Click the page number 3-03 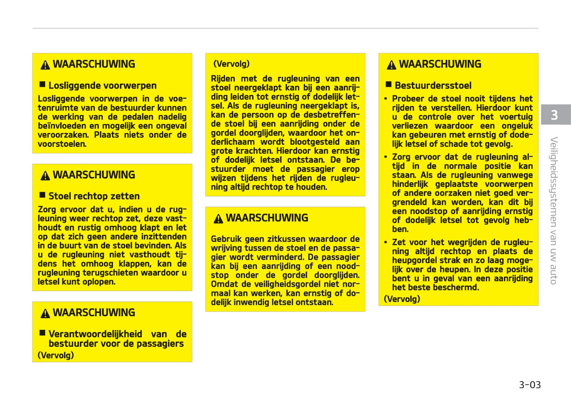point(530,385)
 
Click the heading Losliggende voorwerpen point(102,85)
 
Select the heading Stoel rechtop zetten point(94,196)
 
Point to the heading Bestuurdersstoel point(433,85)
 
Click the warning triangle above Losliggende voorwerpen point(45,65)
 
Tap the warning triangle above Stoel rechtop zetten point(45,176)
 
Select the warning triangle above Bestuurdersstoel point(392,65)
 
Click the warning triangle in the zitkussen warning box point(219,219)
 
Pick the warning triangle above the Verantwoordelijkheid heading point(45,313)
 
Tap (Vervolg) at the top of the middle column point(231,64)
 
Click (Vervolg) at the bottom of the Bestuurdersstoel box point(402,299)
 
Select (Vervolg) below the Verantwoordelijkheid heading point(56,355)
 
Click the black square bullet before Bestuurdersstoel point(388,84)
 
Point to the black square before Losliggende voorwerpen point(42,84)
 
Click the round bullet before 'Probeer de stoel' point(386,99)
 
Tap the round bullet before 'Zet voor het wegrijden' point(386,242)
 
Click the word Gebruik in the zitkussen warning point(226,239)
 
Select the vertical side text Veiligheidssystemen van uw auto point(554,210)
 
